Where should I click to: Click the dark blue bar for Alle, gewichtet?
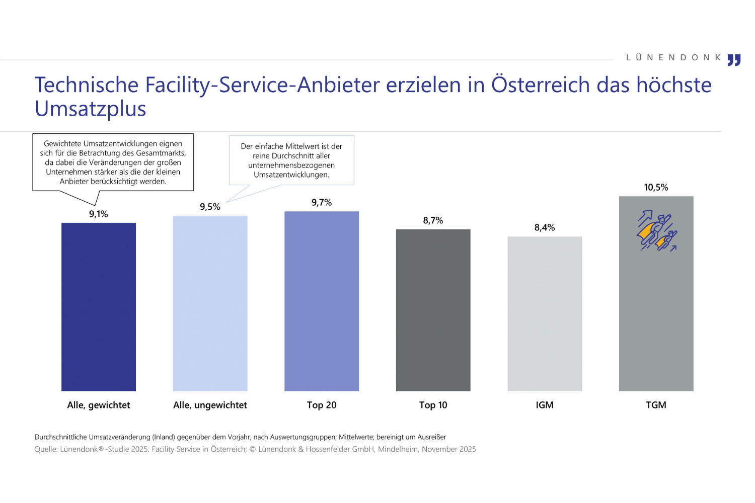(x=99, y=307)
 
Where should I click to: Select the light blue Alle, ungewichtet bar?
(x=210, y=303)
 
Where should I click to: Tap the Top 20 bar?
(x=322, y=301)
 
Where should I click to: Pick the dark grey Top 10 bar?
(x=433, y=310)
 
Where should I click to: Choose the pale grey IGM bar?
(x=545, y=313)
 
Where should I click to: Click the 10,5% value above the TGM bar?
(x=656, y=188)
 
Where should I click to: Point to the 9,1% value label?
(x=99, y=214)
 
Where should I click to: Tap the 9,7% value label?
(x=322, y=203)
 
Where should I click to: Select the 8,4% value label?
(x=545, y=228)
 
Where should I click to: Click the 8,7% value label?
(x=433, y=221)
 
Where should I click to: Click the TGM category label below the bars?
(x=656, y=405)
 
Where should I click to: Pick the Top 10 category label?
(x=433, y=405)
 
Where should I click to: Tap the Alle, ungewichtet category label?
(x=210, y=405)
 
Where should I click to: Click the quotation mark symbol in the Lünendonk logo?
(x=734, y=60)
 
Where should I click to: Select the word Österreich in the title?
(x=540, y=85)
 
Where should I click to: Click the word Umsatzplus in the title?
(x=90, y=109)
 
